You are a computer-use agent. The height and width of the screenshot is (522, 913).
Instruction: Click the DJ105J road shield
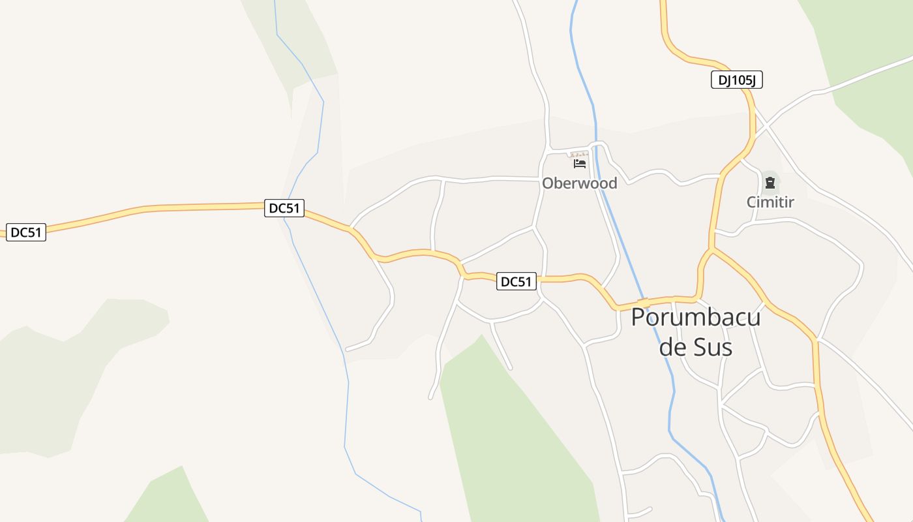click(736, 80)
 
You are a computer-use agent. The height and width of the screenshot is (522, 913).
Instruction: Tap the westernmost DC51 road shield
click(26, 232)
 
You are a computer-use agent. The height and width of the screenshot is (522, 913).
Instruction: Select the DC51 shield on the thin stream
click(284, 208)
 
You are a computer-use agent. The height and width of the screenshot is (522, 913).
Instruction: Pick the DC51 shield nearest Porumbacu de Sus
click(516, 282)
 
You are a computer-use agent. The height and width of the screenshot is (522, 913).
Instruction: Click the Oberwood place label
click(579, 183)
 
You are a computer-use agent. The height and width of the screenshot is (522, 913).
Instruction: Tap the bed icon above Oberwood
click(579, 163)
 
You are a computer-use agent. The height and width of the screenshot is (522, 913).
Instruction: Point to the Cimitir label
click(770, 202)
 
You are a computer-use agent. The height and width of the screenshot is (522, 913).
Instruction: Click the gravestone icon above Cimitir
click(770, 182)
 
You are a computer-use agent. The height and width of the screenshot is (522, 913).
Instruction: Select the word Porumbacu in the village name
click(695, 318)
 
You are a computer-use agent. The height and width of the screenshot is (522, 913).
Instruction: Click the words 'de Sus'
click(695, 347)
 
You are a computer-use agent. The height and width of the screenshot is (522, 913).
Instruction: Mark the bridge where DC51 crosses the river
click(644, 303)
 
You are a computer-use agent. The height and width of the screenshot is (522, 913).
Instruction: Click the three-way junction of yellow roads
click(711, 249)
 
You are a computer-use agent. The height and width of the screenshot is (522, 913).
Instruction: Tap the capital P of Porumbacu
click(640, 318)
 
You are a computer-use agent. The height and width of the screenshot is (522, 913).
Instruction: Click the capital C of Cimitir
click(751, 202)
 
